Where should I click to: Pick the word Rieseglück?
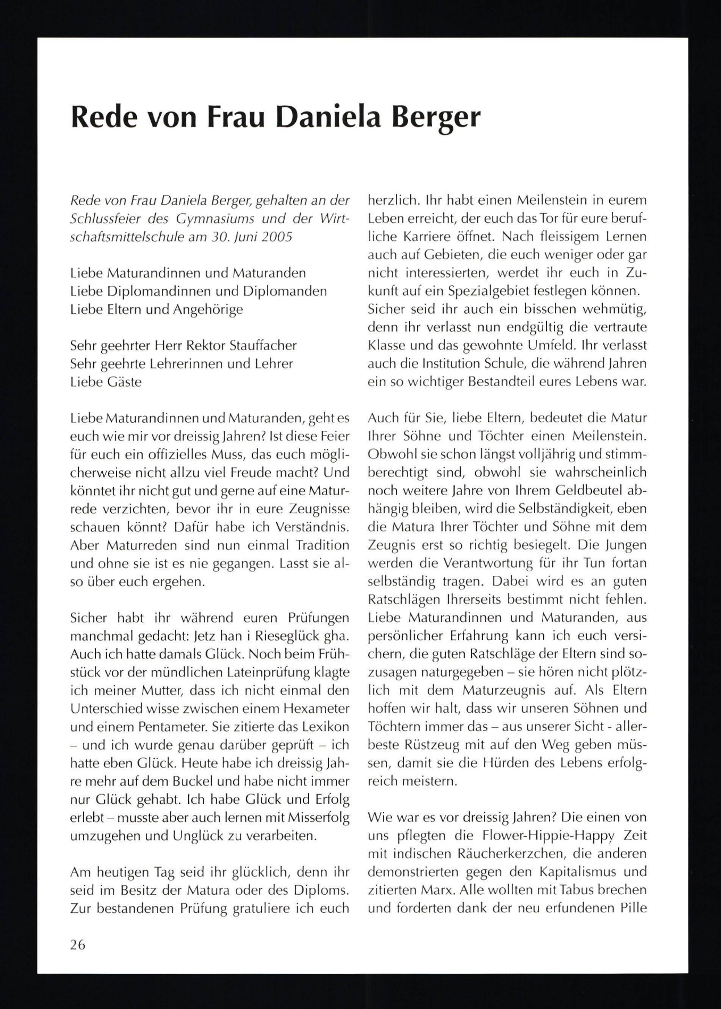(278, 636)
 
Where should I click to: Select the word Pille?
(631, 908)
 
